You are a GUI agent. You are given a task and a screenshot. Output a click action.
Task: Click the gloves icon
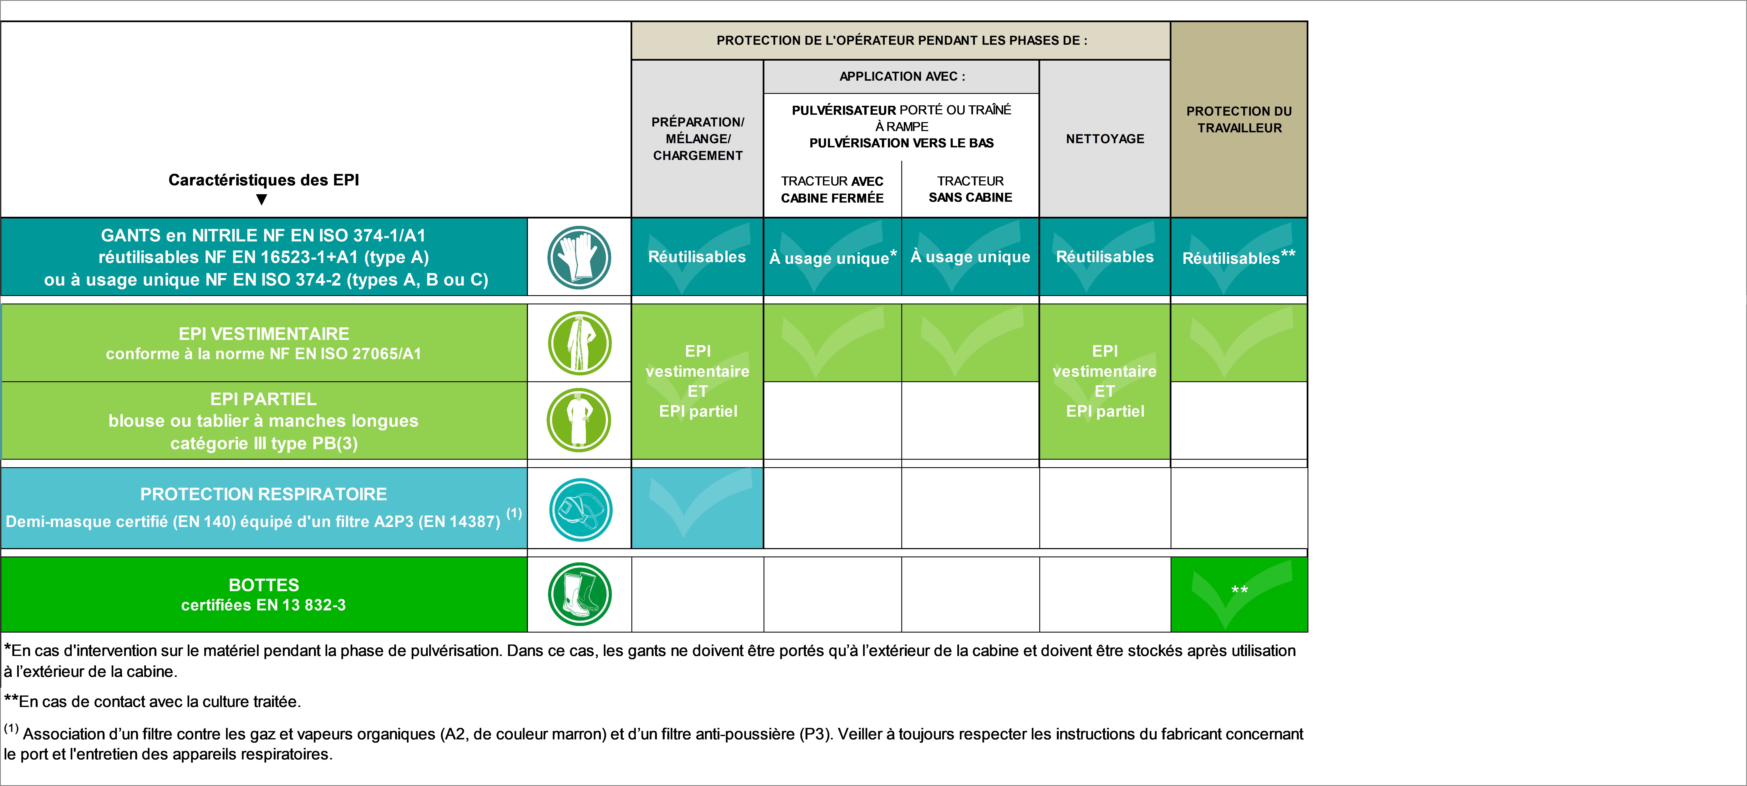579,258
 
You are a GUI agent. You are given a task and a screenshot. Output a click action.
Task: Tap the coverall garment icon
579,343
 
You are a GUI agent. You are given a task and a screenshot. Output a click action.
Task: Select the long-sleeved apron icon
579,420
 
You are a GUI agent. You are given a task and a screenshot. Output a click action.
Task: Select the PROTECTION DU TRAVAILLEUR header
1239,119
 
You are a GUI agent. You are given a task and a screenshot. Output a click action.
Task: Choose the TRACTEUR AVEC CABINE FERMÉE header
832,189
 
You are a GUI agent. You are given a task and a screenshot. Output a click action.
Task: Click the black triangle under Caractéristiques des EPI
262,199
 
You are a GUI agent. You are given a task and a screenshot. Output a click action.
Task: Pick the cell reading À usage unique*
833,257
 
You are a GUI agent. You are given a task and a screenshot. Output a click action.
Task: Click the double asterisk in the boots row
1240,589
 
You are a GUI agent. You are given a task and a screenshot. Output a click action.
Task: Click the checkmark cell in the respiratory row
698,508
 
